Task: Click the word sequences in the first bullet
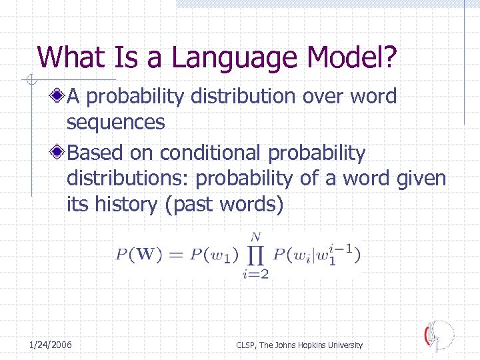coord(115,123)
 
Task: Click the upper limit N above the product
coord(256,236)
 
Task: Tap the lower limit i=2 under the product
coord(256,275)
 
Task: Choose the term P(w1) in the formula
coord(208,255)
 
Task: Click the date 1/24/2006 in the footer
coord(51,345)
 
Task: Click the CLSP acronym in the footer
coord(247,345)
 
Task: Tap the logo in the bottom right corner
coord(439,335)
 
